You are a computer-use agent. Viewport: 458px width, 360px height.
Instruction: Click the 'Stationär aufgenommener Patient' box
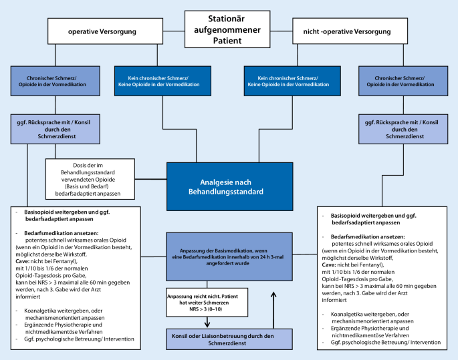click(x=229, y=29)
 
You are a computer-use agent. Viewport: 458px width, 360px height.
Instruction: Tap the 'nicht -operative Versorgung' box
click(x=337, y=31)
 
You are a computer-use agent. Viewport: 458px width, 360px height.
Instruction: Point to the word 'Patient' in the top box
click(x=229, y=42)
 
